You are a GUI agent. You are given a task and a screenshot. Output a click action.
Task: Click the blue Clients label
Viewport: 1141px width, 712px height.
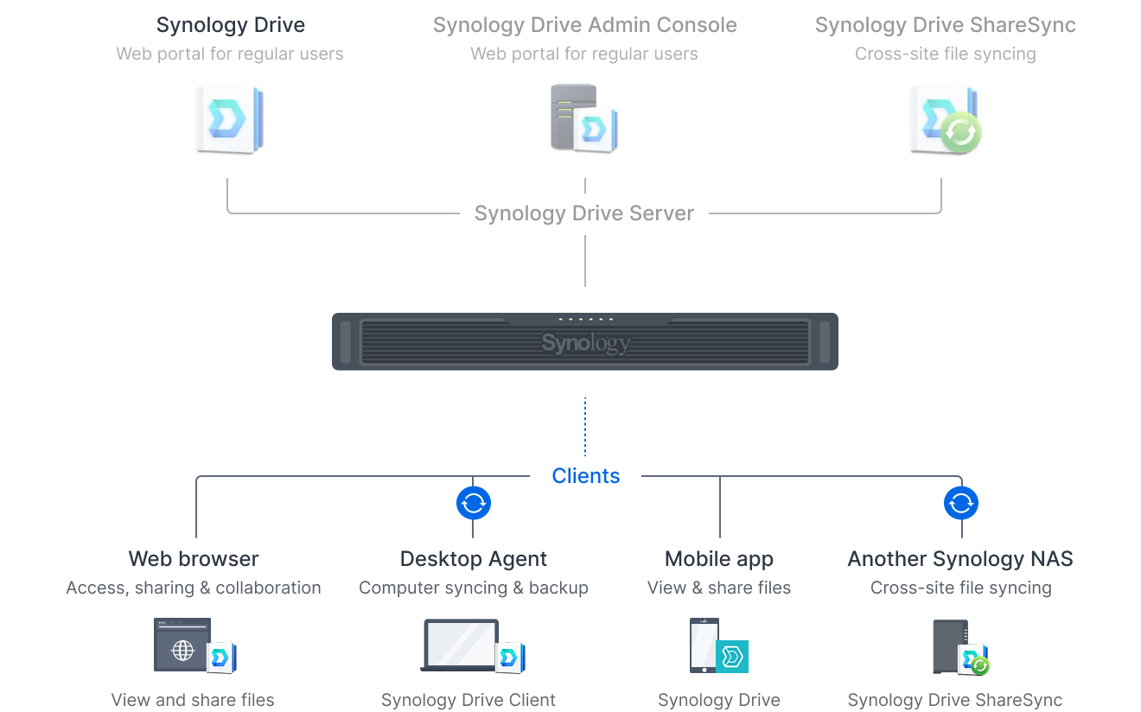[x=586, y=476]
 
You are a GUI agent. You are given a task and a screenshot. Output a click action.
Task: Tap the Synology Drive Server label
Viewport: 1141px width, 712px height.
[x=583, y=213]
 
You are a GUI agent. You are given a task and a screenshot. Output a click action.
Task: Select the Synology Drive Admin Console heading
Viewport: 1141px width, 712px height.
[x=584, y=25]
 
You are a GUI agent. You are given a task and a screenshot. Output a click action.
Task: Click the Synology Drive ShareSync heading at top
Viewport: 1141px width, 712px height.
[x=946, y=25]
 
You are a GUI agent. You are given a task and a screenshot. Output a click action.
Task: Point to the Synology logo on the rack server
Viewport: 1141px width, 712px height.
[x=586, y=343]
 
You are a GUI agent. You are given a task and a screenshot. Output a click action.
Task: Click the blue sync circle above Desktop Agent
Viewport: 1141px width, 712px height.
[x=473, y=503]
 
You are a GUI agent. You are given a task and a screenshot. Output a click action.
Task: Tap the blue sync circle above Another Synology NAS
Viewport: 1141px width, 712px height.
[x=960, y=503]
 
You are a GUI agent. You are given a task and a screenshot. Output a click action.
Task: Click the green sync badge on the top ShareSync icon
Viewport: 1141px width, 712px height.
[x=960, y=132]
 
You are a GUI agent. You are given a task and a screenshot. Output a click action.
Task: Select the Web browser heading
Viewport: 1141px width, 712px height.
[x=194, y=559]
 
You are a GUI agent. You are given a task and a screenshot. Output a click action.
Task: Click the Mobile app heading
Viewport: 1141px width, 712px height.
[x=719, y=559]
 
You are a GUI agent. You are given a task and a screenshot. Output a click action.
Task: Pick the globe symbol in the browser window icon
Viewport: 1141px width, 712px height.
[x=182, y=650]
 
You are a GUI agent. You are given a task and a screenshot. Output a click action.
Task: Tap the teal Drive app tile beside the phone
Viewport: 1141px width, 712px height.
[x=732, y=657]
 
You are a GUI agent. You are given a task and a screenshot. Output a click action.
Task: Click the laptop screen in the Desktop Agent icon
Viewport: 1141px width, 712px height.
[x=461, y=644]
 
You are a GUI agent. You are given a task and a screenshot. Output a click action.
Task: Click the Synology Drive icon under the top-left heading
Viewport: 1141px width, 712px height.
[x=230, y=119]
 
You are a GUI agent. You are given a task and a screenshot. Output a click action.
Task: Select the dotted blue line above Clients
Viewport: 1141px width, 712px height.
[x=584, y=427]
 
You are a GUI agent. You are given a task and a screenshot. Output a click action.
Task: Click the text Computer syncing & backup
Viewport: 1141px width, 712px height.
[x=473, y=588]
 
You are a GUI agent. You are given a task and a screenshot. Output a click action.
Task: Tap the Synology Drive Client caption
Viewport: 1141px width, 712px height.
[x=469, y=700]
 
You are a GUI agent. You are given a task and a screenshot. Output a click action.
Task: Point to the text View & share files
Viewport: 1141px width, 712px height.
[x=719, y=588]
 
